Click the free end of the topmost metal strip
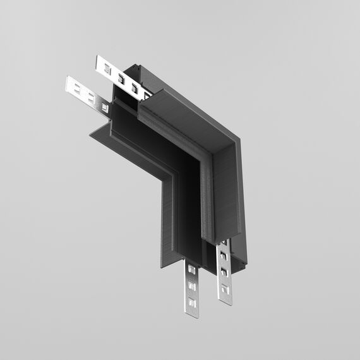click(x=99, y=62)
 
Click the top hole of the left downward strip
click(x=192, y=271)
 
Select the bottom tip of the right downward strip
click(x=225, y=304)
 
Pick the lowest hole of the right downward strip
click(x=225, y=292)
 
